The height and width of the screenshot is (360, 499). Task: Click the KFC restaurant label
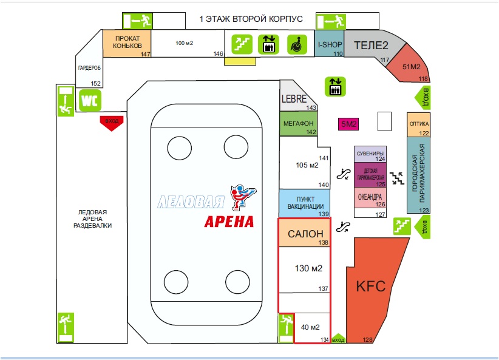(x=370, y=286)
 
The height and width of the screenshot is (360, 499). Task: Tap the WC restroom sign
(x=89, y=100)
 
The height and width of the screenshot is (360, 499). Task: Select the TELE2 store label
(x=370, y=45)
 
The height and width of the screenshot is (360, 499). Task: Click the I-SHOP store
(x=330, y=45)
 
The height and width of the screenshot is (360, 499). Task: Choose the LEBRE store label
(x=296, y=98)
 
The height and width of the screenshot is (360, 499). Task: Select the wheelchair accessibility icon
(x=297, y=44)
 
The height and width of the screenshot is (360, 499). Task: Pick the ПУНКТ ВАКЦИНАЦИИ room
(x=305, y=202)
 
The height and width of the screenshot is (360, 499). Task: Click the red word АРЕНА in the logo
(x=229, y=221)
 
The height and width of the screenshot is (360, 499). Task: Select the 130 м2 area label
(x=308, y=268)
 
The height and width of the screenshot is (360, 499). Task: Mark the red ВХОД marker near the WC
(x=112, y=122)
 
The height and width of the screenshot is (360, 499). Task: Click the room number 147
(x=145, y=54)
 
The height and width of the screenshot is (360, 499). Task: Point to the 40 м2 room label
(x=310, y=328)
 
